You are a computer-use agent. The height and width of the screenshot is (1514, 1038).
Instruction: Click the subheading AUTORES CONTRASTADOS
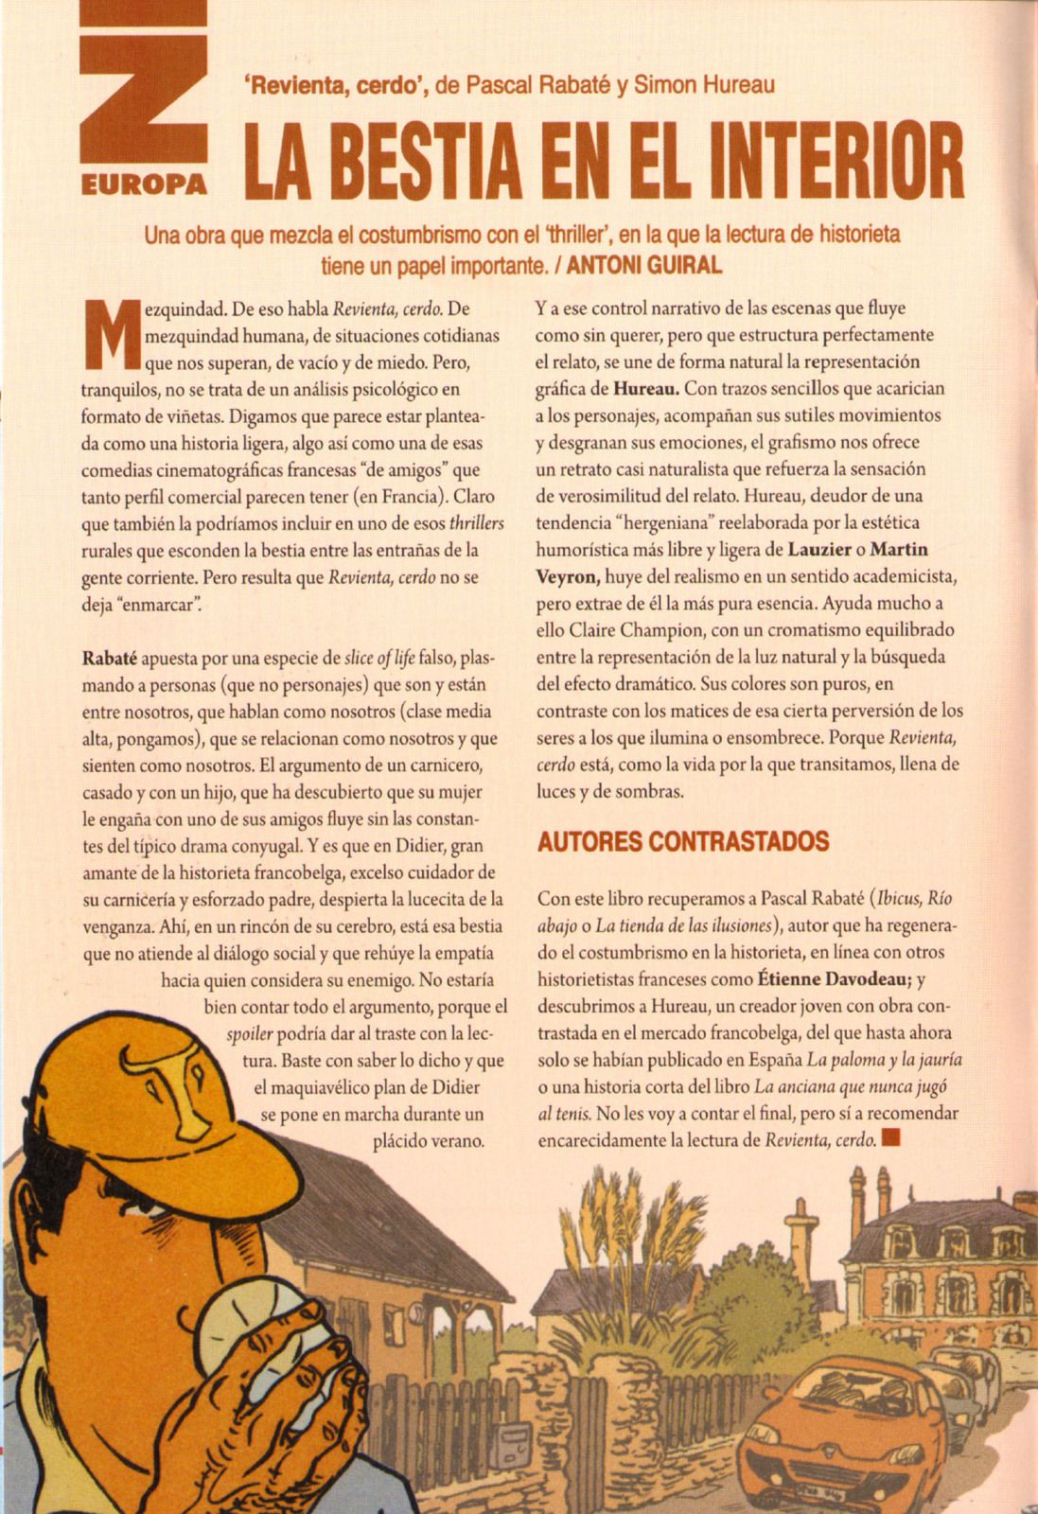pyautogui.click(x=683, y=841)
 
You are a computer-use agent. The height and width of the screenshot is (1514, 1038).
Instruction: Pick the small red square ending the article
pyautogui.click(x=889, y=1138)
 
